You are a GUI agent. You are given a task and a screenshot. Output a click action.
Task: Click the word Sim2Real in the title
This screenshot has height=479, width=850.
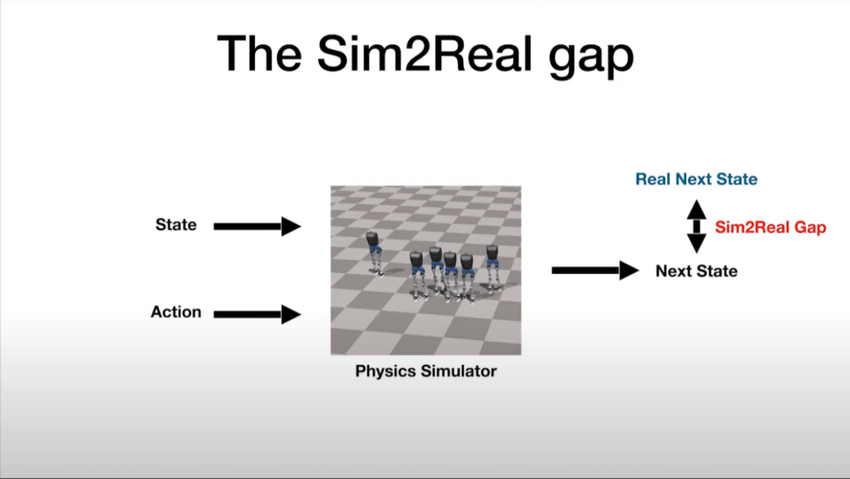pyautogui.click(x=424, y=53)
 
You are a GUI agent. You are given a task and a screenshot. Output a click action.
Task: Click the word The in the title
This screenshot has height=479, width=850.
pyautogui.click(x=259, y=53)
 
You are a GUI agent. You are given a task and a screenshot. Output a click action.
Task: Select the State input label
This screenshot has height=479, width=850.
pyautogui.click(x=176, y=224)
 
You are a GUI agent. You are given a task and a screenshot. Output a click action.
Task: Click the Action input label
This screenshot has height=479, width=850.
pyautogui.click(x=176, y=312)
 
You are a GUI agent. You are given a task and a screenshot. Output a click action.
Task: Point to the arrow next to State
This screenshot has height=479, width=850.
pyautogui.click(x=257, y=226)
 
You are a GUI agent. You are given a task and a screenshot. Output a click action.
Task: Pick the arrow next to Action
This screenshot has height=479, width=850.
pyautogui.click(x=257, y=315)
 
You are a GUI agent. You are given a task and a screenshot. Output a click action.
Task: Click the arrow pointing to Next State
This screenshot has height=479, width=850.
pyautogui.click(x=595, y=270)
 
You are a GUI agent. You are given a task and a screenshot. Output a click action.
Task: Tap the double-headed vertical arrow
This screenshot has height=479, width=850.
pyautogui.click(x=697, y=227)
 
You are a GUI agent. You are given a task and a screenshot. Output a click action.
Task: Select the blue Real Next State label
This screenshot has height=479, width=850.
pyautogui.click(x=697, y=179)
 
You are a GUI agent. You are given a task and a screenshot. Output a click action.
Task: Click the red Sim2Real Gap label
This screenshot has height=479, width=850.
pyautogui.click(x=771, y=227)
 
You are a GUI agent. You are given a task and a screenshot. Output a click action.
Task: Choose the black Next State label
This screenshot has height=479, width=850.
pyautogui.click(x=697, y=271)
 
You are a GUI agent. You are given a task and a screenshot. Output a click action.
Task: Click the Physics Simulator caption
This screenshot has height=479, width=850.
pyautogui.click(x=426, y=371)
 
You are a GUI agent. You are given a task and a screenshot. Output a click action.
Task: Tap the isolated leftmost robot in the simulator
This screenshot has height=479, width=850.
pyautogui.click(x=374, y=253)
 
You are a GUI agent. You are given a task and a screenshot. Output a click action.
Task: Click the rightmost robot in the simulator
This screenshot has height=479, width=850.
pyautogui.click(x=492, y=267)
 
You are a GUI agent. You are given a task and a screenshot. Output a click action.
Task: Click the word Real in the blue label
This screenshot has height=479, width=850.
pyautogui.click(x=653, y=179)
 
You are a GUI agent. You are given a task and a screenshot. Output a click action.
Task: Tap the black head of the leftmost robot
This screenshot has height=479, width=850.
pyautogui.click(x=372, y=238)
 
